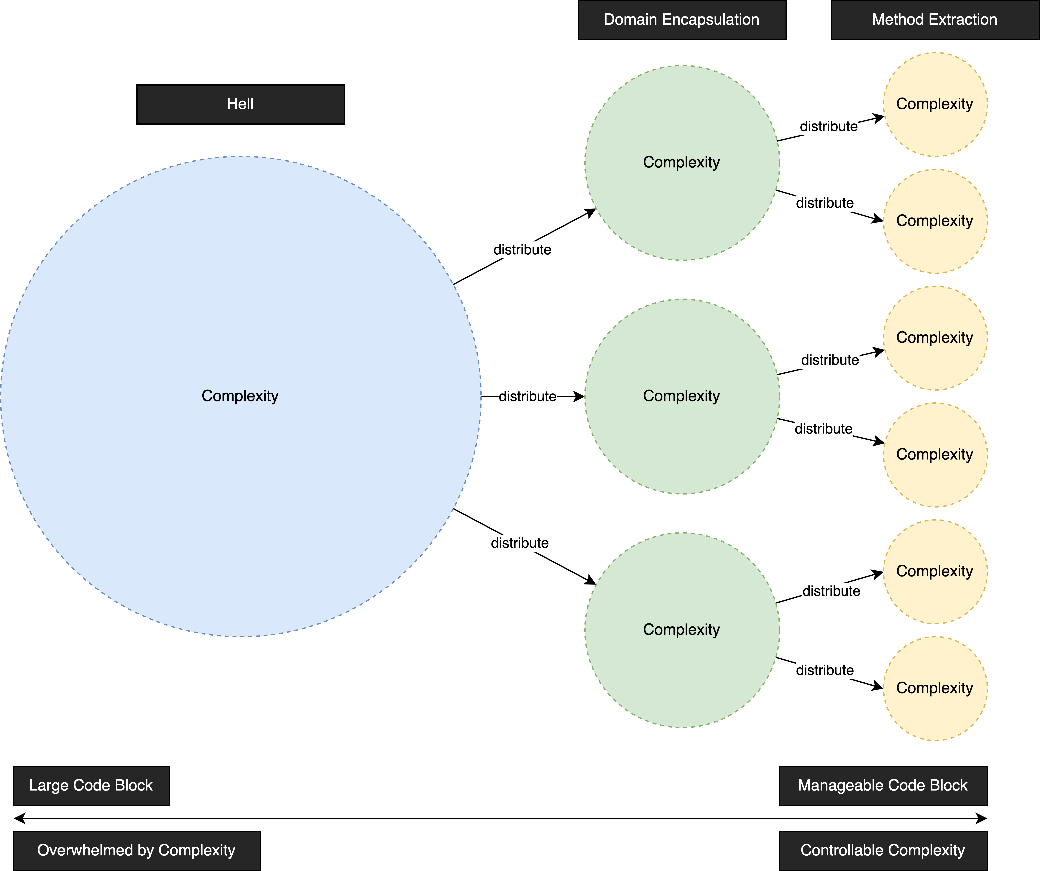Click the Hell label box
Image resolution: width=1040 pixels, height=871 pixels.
pyautogui.click(x=240, y=104)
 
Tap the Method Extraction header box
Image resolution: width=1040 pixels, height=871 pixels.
pyautogui.click(x=934, y=20)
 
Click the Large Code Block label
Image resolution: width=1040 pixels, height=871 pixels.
pyautogui.click(x=91, y=785)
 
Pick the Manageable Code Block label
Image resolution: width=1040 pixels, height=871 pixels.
pyautogui.click(x=883, y=785)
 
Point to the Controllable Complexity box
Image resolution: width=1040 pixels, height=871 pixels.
pyautogui.click(x=883, y=850)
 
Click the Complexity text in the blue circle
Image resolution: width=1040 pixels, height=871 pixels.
pyautogui.click(x=240, y=396)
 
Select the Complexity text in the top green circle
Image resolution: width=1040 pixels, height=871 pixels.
pyautogui.click(x=681, y=162)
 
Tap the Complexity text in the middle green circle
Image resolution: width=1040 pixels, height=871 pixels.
pyautogui.click(x=681, y=396)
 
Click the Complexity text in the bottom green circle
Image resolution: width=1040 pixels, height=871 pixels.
pyautogui.click(x=681, y=630)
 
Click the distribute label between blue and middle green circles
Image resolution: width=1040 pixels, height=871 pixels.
pyautogui.click(x=528, y=397)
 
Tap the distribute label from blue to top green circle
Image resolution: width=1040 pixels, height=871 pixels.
pyautogui.click(x=522, y=250)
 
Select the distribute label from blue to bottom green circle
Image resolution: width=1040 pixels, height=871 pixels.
pyautogui.click(x=520, y=543)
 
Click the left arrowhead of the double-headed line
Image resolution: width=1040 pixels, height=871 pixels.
pyautogui.click(x=19, y=819)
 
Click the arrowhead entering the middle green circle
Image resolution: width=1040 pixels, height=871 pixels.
pyautogui.click(x=579, y=397)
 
